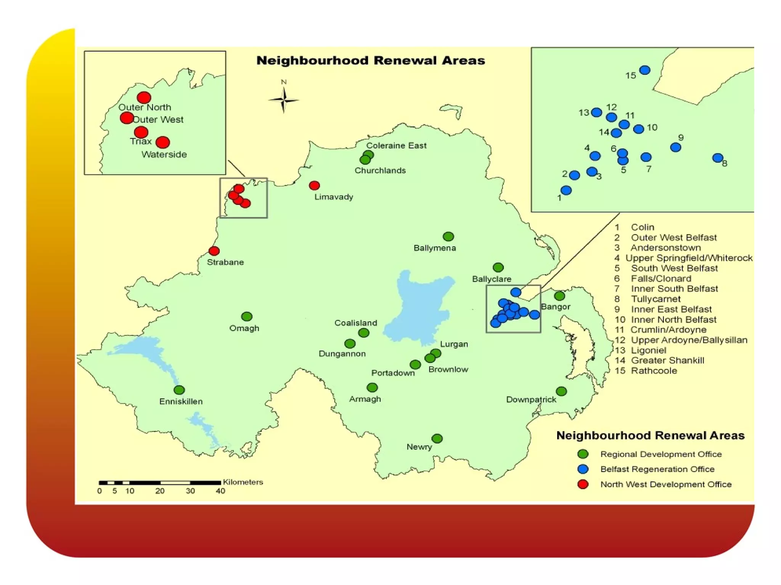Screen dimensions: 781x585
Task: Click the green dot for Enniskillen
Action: click(179, 390)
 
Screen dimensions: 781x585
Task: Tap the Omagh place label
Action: click(244, 328)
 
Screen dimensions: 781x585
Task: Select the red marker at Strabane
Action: click(214, 251)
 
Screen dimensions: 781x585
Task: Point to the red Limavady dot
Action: click(314, 185)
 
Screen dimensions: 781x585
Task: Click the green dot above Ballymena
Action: click(448, 237)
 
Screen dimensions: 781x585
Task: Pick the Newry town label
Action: click(419, 447)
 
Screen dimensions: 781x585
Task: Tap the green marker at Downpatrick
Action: click(561, 391)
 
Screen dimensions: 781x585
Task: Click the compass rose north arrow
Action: click(283, 100)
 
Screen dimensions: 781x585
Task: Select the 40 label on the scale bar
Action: click(220, 491)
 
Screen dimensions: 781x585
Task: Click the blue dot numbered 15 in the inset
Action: click(645, 70)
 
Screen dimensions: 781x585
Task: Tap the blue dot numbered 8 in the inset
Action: click(718, 158)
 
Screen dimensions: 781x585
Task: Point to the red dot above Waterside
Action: click(163, 142)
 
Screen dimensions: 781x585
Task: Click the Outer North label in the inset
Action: click(145, 107)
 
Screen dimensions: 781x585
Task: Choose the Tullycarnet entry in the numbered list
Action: click(656, 299)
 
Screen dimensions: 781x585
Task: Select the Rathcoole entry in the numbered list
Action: click(654, 371)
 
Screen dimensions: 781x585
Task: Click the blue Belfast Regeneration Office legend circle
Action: click(583, 469)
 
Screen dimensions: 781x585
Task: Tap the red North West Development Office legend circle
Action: click(583, 484)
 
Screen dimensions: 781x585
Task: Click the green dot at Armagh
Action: click(372, 388)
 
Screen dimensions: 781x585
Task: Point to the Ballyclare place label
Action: click(492, 279)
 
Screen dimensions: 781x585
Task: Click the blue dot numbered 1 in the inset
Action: click(566, 190)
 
